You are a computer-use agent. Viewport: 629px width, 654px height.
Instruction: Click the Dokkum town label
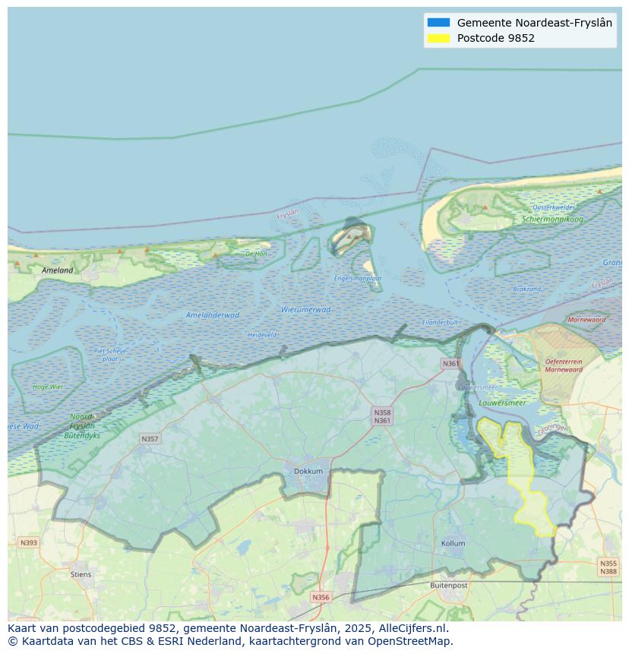tap(308, 471)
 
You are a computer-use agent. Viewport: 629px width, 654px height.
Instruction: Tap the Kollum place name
tap(453, 543)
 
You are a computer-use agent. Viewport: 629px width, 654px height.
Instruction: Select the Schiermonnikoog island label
tap(552, 219)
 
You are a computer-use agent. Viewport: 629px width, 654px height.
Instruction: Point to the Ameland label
tap(58, 270)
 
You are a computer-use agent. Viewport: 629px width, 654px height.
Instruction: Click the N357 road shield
tap(150, 439)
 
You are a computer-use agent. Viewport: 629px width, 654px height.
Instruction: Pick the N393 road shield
tap(28, 542)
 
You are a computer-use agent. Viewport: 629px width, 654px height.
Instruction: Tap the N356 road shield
tap(321, 597)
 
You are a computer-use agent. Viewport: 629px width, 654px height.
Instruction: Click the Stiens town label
tap(81, 574)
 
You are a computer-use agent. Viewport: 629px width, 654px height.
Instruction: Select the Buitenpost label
tap(448, 585)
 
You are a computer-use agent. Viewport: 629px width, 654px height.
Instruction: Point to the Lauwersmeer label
tap(503, 403)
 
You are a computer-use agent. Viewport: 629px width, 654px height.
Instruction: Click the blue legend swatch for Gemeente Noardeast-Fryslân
tap(438, 23)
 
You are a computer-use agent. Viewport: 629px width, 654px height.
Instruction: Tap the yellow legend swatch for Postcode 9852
tap(438, 38)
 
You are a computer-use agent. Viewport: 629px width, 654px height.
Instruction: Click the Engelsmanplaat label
tap(358, 278)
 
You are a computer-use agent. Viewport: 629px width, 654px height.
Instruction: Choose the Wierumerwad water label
tap(305, 309)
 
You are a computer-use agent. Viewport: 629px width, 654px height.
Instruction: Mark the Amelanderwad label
tap(213, 314)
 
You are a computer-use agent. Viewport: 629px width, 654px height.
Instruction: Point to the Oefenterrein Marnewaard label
tap(564, 365)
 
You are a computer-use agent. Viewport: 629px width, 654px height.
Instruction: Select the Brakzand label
tap(526, 289)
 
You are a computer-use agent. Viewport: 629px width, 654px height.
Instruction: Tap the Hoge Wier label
tap(48, 387)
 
